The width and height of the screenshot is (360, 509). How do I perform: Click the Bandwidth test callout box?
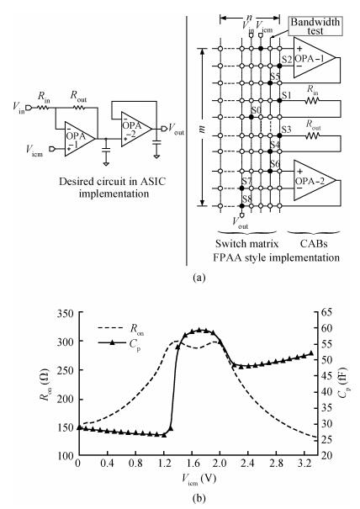click(315, 26)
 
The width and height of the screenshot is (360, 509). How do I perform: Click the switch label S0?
click(257, 110)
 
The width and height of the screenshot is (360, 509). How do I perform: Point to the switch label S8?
click(247, 199)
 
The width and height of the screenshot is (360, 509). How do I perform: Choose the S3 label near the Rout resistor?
click(287, 130)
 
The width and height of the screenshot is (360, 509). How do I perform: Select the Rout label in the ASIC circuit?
click(78, 96)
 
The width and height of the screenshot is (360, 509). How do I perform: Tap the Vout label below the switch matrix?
click(241, 223)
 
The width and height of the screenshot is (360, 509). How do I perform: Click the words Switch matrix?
click(247, 243)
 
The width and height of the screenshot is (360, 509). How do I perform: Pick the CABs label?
click(314, 243)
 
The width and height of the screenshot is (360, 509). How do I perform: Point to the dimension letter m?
click(202, 129)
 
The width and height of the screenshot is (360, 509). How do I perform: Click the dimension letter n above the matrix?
click(249, 17)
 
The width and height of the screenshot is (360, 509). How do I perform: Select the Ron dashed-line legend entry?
click(121, 329)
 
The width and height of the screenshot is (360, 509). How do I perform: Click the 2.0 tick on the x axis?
click(220, 463)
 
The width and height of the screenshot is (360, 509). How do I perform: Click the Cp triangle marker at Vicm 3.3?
click(311, 353)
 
